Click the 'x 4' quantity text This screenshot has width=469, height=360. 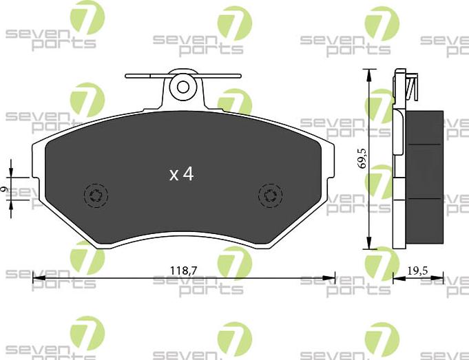(x=181, y=174)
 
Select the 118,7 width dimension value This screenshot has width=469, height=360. (x=184, y=271)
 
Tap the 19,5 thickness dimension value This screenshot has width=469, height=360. (x=417, y=271)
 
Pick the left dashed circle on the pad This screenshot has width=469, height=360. (x=96, y=195)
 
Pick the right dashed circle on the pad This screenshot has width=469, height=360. (x=270, y=195)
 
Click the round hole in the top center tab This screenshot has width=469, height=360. (x=183, y=87)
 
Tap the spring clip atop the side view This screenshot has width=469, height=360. (x=412, y=87)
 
